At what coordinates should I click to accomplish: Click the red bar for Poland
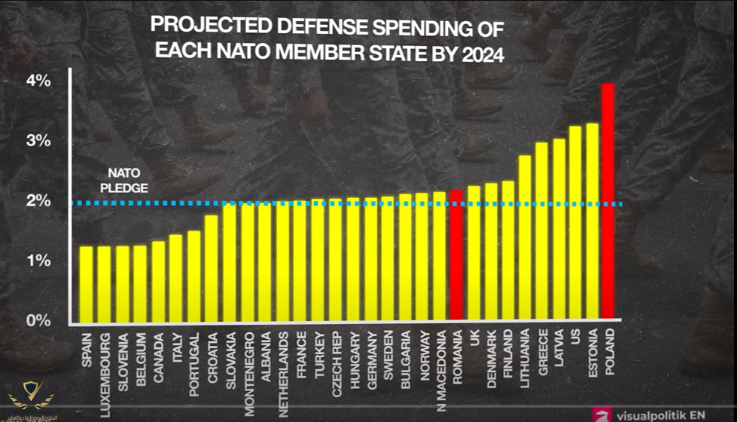[608, 200]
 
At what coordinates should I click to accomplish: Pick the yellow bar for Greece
[541, 230]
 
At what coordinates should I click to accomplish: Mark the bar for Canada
[159, 280]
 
